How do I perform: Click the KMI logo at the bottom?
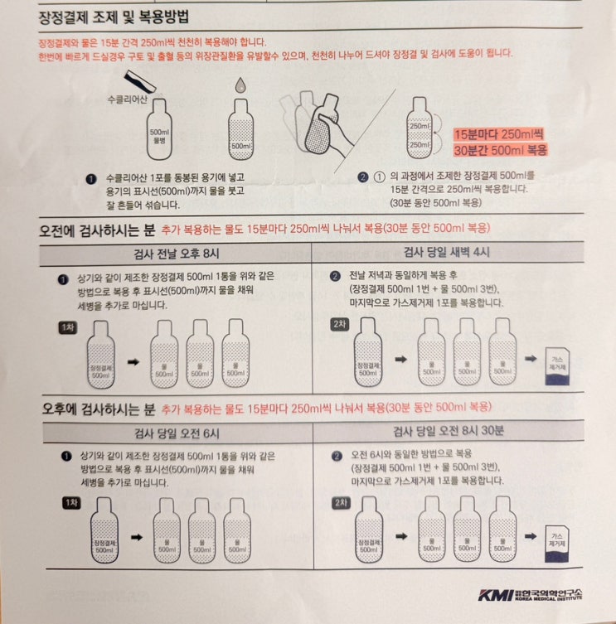pyautogui.click(x=531, y=594)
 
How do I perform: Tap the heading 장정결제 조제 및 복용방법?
pyautogui.click(x=114, y=17)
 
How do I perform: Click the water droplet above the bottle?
pyautogui.click(x=240, y=85)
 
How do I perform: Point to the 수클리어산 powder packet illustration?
pyautogui.click(x=140, y=80)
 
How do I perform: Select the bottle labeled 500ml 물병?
pyautogui.click(x=159, y=129)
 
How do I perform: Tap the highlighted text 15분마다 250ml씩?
pyautogui.click(x=498, y=134)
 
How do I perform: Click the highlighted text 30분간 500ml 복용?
pyautogui.click(x=501, y=150)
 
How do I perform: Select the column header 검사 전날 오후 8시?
pyautogui.click(x=177, y=254)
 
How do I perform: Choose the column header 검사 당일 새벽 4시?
pyautogui.click(x=446, y=252)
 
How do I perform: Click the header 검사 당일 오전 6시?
pyautogui.click(x=177, y=433)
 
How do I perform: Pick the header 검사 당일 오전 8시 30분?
pyautogui.click(x=449, y=431)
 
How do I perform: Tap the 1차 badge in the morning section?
pyautogui.click(x=68, y=327)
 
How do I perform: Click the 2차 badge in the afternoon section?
pyautogui.click(x=342, y=503)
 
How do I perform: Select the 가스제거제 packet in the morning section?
pyautogui.click(x=557, y=366)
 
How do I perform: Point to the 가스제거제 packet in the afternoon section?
pyautogui.click(x=556, y=544)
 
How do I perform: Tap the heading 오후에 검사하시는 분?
pyautogui.click(x=99, y=409)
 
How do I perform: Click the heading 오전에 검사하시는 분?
pyautogui.click(x=97, y=230)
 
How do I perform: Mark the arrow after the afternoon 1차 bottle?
pyautogui.click(x=137, y=538)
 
